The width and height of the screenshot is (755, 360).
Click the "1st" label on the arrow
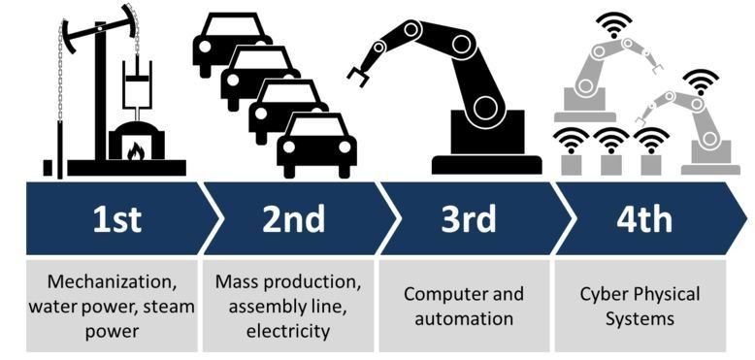(x=116, y=218)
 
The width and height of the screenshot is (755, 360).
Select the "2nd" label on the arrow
(x=293, y=218)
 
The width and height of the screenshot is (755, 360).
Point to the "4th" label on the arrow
(x=643, y=218)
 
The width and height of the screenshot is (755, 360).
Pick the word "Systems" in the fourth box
(x=640, y=318)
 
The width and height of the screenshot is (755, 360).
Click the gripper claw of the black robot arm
(x=358, y=71)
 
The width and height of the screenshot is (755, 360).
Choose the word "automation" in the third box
(x=464, y=318)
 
